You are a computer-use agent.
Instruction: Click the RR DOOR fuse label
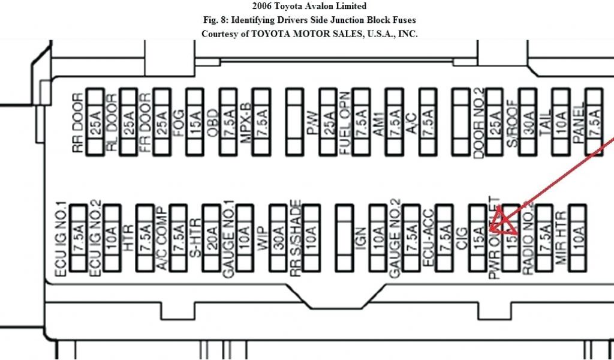pyautogui.click(x=77, y=123)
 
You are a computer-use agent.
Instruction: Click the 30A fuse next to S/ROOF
pyautogui.click(x=527, y=122)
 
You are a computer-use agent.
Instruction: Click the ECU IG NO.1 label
pyautogui.click(x=61, y=239)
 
